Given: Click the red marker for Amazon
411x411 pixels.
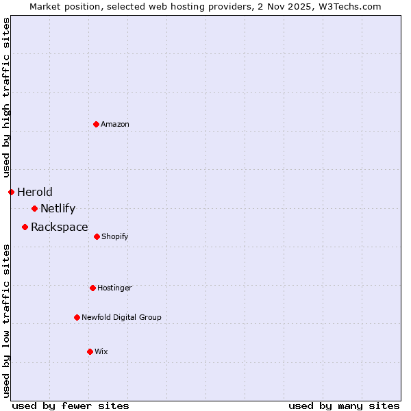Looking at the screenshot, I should click(97, 124).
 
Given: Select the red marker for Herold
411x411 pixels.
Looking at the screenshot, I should click(11, 192).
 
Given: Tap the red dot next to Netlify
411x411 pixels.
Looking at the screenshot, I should click(34, 208).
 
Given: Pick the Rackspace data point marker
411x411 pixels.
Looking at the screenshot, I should click(25, 227).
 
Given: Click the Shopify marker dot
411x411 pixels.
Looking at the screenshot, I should click(97, 236).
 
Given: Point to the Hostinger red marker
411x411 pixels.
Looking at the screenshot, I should click(92, 288).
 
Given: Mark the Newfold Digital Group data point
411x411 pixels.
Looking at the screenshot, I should click(77, 317).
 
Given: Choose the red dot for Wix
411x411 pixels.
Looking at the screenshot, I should click(90, 351).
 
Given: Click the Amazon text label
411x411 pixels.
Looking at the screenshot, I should click(115, 124).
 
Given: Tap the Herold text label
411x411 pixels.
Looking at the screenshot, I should click(35, 192).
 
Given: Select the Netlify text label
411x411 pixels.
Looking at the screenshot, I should click(58, 208).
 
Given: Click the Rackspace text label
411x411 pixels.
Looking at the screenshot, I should click(60, 227).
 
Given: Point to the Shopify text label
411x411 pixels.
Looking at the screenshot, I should click(115, 236).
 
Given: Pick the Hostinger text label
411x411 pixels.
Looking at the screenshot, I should click(114, 288).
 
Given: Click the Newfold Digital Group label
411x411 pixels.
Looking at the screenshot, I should click(121, 317).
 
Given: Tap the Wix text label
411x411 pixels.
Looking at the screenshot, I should click(101, 351).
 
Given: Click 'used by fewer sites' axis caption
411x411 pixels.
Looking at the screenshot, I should click(71, 406).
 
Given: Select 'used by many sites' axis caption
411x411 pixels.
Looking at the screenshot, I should click(344, 406).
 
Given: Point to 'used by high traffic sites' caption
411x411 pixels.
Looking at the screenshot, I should click(6, 98).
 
